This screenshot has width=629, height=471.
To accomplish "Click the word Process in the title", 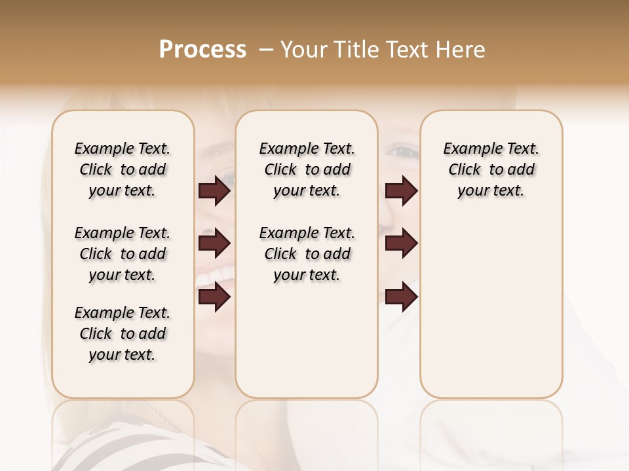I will pos(202,50).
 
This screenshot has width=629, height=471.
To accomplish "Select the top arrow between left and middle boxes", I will pos(214,191).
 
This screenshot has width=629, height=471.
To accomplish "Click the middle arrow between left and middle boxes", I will pos(214,244).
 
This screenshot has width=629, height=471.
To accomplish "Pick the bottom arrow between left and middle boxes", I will pos(214,298).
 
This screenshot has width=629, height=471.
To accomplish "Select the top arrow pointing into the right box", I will pos(401,191).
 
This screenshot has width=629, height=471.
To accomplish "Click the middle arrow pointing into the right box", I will pos(401,244).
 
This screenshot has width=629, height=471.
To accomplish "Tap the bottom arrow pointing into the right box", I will pos(401,298).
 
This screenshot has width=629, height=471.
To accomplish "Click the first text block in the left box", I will pos(123,169).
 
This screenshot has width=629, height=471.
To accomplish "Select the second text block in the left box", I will pos(123,254).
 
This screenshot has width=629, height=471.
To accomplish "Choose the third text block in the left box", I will pos(123,334).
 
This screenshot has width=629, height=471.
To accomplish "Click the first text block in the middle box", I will pos(307,169).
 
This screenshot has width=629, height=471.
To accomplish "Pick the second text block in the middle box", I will pos(307,254).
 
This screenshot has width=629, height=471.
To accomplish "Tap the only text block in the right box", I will pos(491,169).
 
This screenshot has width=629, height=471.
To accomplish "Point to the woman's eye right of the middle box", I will pos(401,152).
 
